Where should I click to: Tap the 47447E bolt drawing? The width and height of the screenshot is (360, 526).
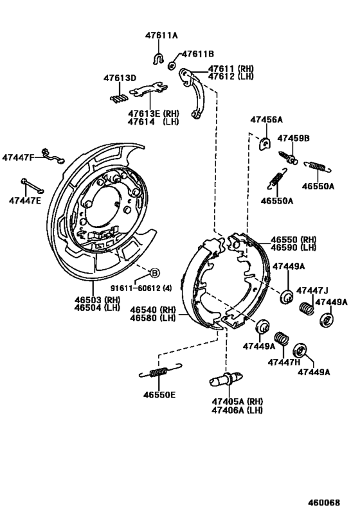31,186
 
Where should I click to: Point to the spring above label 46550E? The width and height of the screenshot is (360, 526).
156,372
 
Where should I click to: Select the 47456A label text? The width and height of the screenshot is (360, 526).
266,119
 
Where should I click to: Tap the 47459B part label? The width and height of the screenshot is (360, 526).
293,138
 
